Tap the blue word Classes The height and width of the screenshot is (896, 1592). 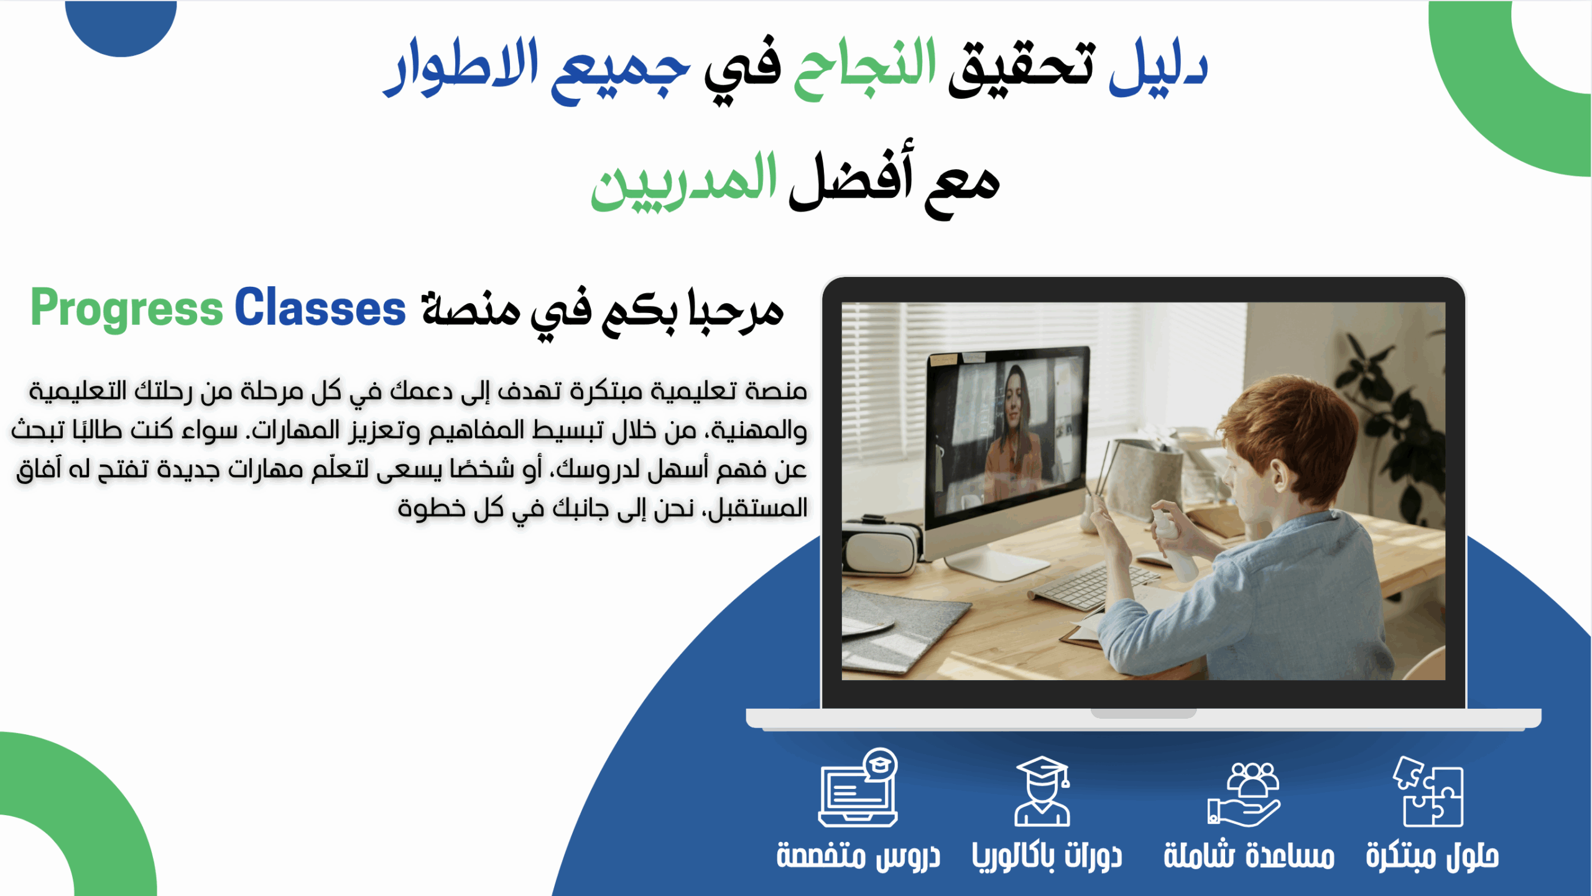pyautogui.click(x=320, y=307)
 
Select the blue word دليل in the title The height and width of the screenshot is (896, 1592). pyautogui.click(x=1158, y=66)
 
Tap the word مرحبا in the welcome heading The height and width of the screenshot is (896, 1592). pyautogui.click(x=736, y=311)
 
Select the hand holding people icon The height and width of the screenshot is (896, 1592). pyautogui.click(x=1244, y=795)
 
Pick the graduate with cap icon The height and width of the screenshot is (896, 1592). pyautogui.click(x=1042, y=791)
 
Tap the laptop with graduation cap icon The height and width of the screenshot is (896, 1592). pyautogui.click(x=858, y=787)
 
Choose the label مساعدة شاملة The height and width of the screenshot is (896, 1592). pyautogui.click(x=1249, y=855)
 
